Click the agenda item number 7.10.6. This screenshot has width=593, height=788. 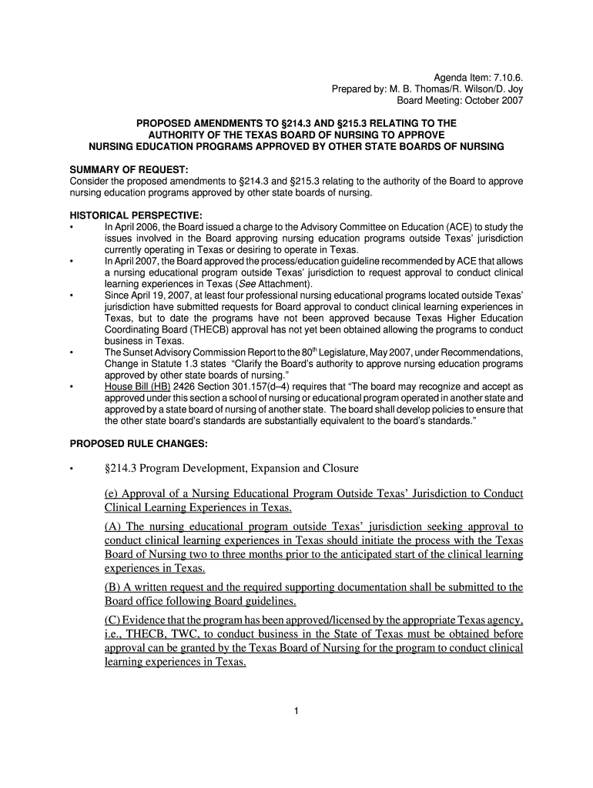[507, 78]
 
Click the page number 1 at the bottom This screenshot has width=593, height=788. [296, 710]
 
